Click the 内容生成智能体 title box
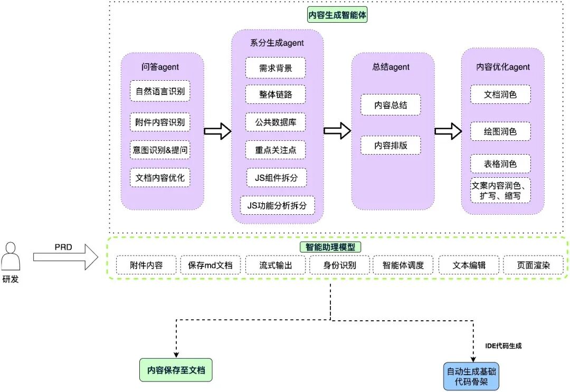(x=337, y=15)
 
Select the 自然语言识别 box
(x=160, y=91)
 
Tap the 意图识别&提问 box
(x=160, y=149)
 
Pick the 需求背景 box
(x=275, y=68)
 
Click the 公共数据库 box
(x=275, y=122)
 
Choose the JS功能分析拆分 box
(x=277, y=205)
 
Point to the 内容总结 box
(x=391, y=105)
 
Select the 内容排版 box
(x=391, y=146)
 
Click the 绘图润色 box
(x=500, y=131)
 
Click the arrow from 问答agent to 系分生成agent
(x=217, y=131)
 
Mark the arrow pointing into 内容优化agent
(x=448, y=131)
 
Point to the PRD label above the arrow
(x=63, y=247)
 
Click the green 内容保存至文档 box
(x=176, y=371)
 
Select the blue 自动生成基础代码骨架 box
(x=471, y=377)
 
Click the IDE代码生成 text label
(x=503, y=346)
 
